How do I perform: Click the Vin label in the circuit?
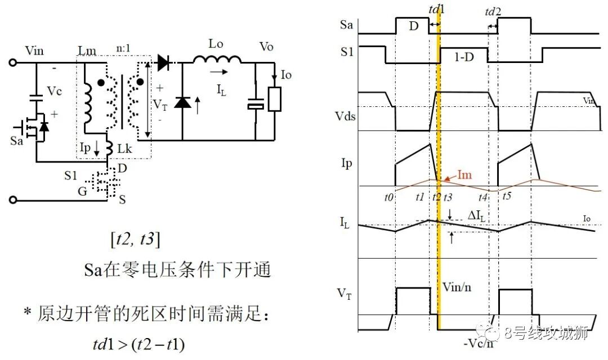34,51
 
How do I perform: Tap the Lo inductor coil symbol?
217,59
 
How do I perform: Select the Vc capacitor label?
54,91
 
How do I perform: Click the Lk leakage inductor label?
124,148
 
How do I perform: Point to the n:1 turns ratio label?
123,48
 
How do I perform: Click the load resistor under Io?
275,99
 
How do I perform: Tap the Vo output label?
266,47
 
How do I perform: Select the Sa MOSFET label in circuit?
17,141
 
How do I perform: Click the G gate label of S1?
83,191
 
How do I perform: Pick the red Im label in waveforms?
464,175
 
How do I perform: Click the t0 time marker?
388,197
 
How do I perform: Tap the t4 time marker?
483,197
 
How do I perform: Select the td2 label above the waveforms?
493,12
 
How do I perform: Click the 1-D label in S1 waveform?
464,57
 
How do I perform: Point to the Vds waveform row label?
345,116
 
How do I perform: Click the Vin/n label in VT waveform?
457,287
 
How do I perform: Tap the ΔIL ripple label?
477,216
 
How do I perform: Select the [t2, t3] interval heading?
135,239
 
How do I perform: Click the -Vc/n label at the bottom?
479,343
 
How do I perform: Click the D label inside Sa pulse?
414,26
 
